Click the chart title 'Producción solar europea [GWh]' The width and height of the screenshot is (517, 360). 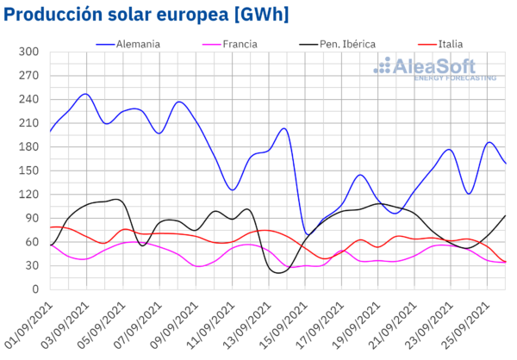click(146, 15)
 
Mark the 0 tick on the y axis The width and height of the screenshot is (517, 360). click(35, 289)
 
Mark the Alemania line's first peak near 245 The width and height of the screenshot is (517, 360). click(85, 94)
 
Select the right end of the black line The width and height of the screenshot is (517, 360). click(506, 215)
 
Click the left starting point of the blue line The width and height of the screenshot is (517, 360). click(50, 131)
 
